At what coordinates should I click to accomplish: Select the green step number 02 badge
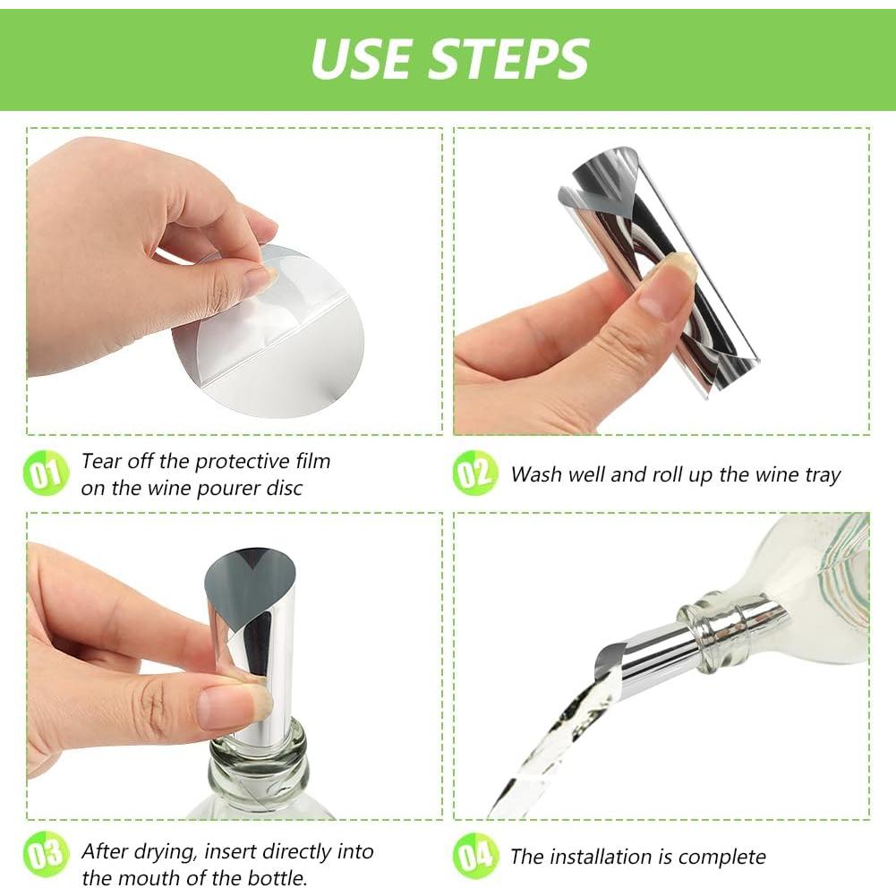pos(474,474)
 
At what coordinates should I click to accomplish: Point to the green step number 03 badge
pos(45,855)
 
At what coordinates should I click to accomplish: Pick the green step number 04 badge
pos(475,856)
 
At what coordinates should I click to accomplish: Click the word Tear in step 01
pos(100,462)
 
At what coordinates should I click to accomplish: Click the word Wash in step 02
pos(535,474)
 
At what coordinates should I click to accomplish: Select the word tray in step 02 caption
pos(822,474)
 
